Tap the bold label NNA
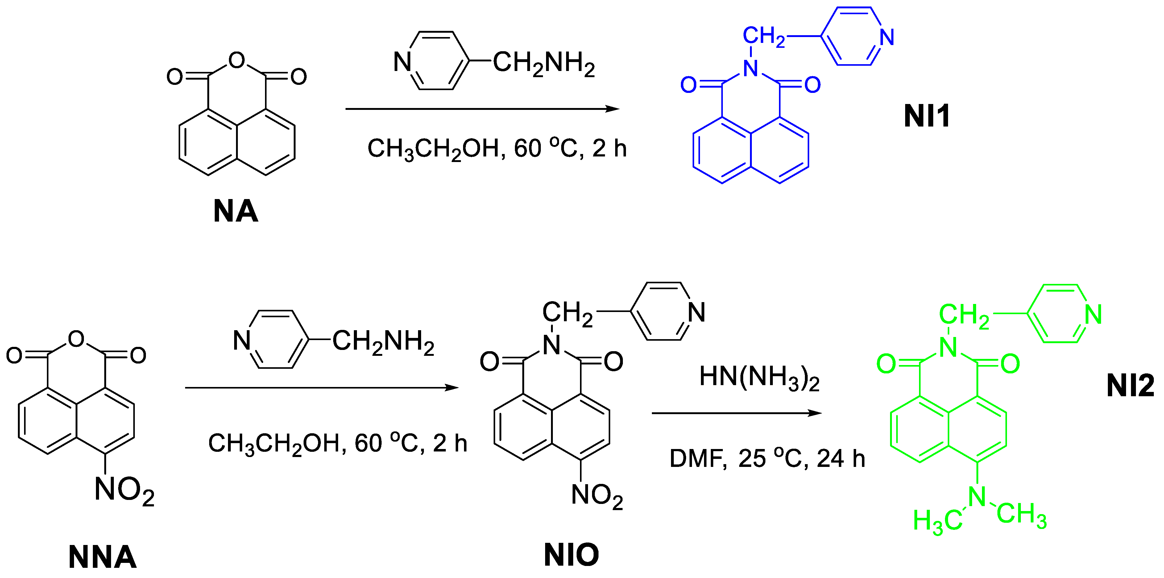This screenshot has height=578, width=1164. pos(102,557)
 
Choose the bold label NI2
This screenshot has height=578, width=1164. pos(1130,385)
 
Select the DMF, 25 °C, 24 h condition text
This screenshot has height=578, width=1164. pos(767,458)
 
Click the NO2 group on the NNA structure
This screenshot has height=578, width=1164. pos(124,490)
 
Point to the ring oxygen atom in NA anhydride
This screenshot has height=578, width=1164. pos(237,60)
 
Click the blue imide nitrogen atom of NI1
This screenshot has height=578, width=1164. pos(751,68)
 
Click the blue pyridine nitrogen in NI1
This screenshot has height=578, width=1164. pos(887,37)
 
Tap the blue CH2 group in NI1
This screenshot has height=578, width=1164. pos(764,36)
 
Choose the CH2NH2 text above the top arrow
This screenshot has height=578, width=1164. pos(544,63)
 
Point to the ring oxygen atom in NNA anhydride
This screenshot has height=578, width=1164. pos(76,339)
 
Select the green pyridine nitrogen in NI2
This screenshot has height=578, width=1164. pos(1094,314)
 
